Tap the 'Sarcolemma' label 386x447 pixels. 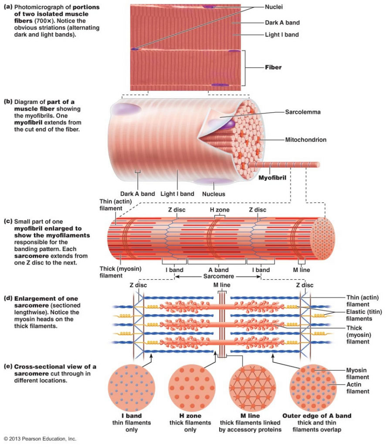[x=303, y=112]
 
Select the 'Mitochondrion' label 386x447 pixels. [x=305, y=140]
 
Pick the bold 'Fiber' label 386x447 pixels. [x=273, y=68]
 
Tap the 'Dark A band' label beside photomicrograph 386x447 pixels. [x=282, y=22]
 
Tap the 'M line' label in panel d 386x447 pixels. [x=219, y=285]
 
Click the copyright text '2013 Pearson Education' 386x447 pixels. [x=40, y=438]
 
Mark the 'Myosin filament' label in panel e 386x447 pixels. [x=358, y=373]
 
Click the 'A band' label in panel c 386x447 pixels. [x=218, y=270]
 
